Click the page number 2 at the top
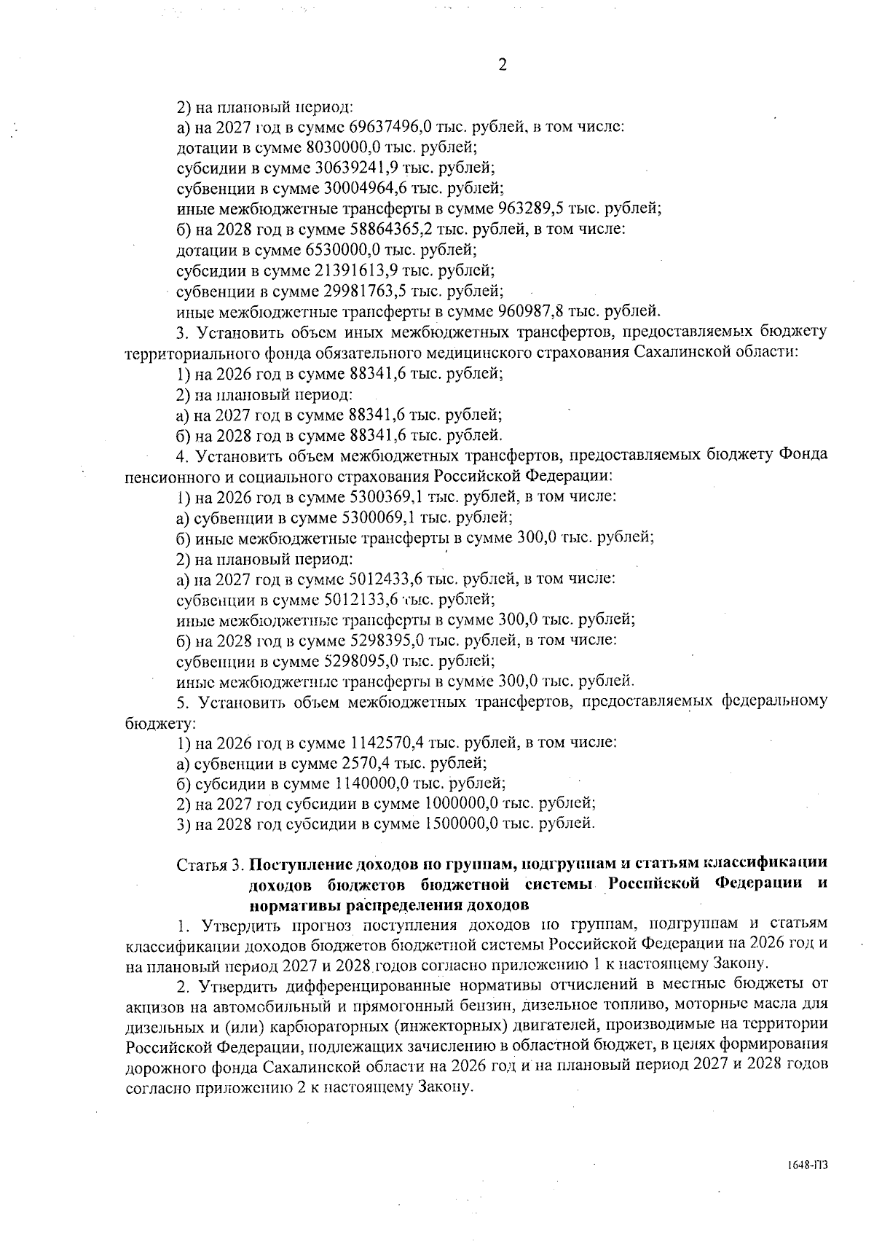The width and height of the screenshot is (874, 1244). click(502, 65)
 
